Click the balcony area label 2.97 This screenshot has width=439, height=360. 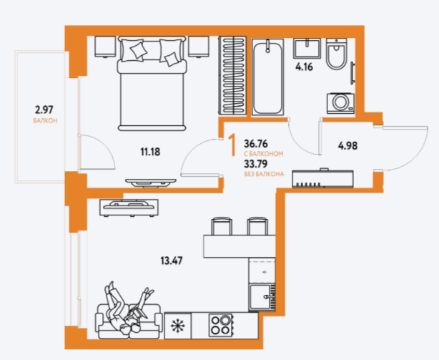coord(44,110)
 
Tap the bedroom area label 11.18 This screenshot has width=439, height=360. coord(150,152)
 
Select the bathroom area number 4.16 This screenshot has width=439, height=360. coord(304,67)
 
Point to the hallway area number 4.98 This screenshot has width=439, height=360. coord(347,146)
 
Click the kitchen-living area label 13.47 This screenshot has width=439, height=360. coord(172,261)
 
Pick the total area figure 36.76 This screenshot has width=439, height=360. coord(256,144)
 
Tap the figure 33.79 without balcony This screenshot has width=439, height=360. coord(256,163)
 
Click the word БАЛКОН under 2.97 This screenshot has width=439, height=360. coord(45,121)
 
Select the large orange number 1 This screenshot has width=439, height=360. coord(232,145)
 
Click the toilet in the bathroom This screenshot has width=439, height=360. coord(337,54)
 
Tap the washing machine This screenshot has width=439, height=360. coord(340,103)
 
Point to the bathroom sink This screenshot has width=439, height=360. coord(307,49)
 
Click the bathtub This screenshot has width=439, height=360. coord(267,77)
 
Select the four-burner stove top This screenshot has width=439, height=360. coord(220,325)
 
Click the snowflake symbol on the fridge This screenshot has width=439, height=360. coord(178,326)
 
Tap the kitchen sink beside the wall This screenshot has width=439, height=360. coord(262,297)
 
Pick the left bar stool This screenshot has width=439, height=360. coord(222,226)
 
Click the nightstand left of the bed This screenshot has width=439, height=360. coord(105,47)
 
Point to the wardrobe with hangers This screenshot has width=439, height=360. coord(232,75)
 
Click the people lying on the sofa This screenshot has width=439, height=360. coord(129,308)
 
